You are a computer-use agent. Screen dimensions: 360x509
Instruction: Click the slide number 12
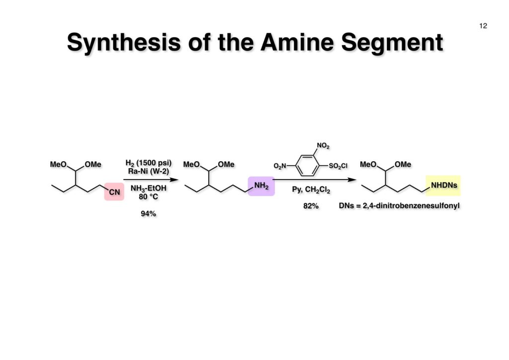[483, 26]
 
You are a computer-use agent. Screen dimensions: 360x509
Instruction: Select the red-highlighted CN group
[114, 191]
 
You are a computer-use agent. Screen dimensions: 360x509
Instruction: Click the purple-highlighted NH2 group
[261, 186]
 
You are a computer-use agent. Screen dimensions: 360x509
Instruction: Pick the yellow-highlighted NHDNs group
[444, 185]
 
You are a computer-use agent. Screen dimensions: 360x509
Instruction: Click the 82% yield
[311, 205]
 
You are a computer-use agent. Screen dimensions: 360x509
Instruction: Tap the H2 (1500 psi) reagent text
[149, 163]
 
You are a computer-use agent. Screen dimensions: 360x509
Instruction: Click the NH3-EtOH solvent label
[149, 188]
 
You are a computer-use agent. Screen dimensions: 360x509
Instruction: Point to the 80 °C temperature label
[149, 196]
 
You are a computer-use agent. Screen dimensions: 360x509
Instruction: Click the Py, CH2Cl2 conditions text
[311, 189]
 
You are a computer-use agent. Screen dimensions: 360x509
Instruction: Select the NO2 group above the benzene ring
[323, 146]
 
